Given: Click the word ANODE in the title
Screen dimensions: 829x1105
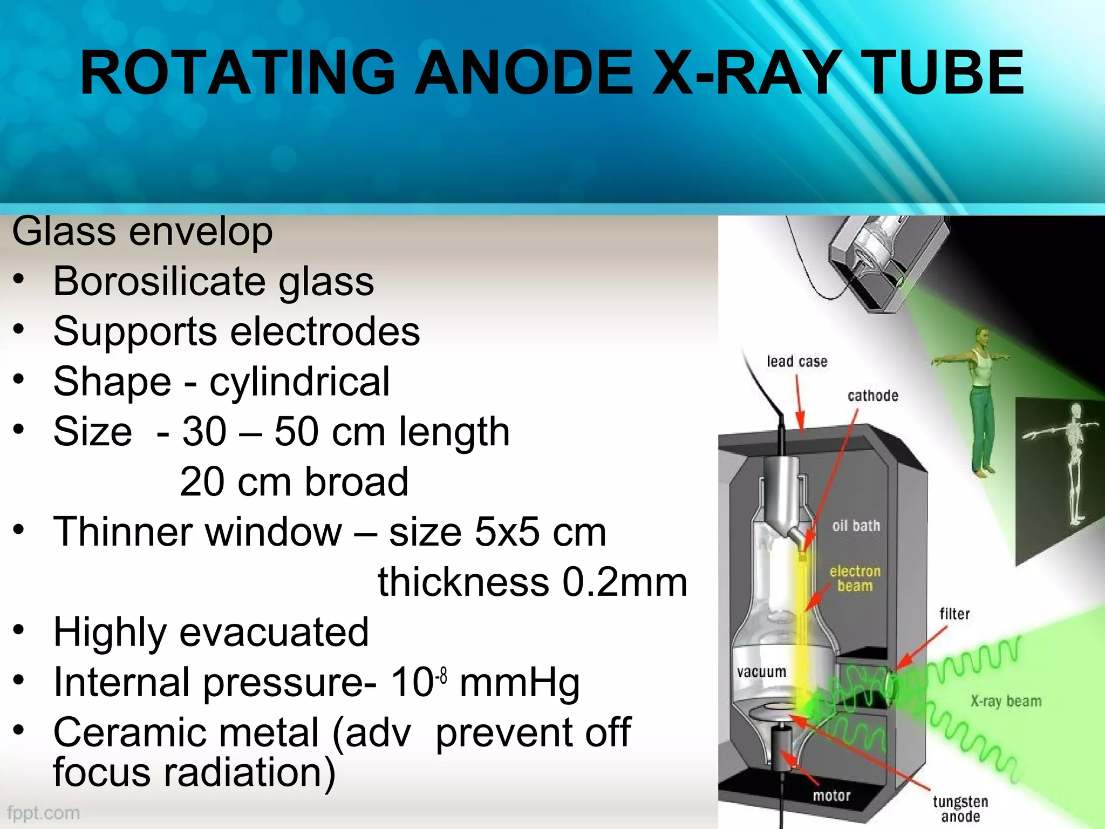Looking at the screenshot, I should pos(526,73).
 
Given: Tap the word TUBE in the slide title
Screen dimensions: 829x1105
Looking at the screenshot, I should pos(942,73).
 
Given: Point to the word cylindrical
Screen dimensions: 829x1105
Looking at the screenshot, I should pos(299,382).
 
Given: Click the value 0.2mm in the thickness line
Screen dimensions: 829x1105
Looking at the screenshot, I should pos(625,583).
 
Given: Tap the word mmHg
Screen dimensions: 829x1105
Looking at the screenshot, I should pos(520,683).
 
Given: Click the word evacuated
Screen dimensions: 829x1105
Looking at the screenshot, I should pos(274,633).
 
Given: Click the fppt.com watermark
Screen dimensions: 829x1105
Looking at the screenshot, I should pos(44,813).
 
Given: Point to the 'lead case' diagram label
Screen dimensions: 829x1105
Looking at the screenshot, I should pos(797,362).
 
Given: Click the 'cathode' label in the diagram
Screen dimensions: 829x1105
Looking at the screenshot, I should pos(872,396).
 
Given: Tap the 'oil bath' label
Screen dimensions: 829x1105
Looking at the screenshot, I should pos(856,526).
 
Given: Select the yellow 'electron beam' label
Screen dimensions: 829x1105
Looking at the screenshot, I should pos(855,579).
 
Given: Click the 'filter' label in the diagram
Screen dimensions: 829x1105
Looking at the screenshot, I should pos(954,614).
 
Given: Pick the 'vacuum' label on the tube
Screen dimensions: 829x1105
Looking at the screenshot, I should pos(761,672).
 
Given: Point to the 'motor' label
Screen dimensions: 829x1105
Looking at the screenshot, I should pos(831,796).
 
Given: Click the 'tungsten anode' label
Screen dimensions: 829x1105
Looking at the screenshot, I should pos(960,808).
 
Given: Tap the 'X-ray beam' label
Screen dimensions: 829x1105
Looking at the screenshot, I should pos(1006,701).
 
